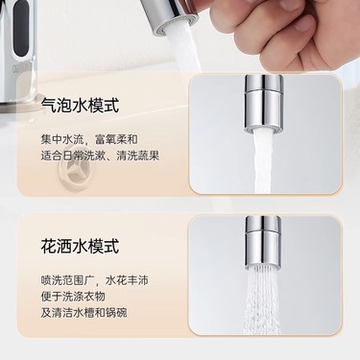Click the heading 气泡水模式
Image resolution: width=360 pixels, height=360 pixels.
(80, 106)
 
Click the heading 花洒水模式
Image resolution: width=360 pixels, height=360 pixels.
(80, 247)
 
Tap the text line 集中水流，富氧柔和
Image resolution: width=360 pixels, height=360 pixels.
(89, 139)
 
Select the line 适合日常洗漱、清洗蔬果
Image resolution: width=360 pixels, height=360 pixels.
(100, 156)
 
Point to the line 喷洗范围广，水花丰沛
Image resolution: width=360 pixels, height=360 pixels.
(95, 280)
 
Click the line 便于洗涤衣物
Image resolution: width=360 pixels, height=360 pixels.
(73, 296)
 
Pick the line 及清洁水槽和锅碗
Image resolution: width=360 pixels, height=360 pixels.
(84, 312)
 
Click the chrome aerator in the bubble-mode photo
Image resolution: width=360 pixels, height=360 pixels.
(264, 103)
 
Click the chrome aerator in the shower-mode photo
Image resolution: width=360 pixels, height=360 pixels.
(263, 242)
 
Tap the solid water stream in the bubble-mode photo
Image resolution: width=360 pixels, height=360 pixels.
(264, 160)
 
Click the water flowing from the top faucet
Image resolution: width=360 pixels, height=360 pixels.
(185, 51)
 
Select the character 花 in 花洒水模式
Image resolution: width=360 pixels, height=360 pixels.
(49, 247)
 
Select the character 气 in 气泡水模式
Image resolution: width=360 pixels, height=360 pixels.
(49, 106)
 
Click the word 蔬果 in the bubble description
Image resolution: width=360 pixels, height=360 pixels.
(149, 156)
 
